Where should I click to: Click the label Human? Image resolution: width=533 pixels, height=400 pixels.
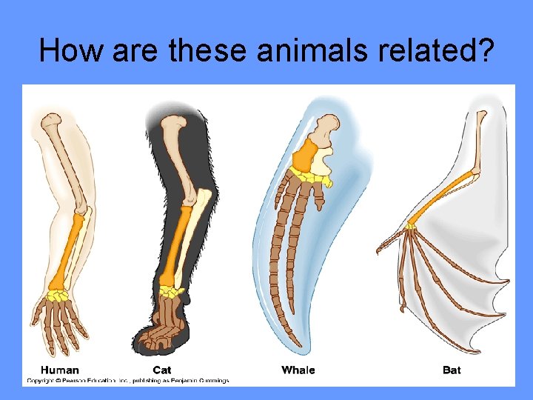tap(59, 370)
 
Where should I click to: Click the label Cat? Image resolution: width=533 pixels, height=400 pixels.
tap(163, 370)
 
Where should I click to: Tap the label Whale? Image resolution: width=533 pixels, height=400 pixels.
tap(298, 370)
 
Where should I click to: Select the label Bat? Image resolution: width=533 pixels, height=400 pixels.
tap(452, 370)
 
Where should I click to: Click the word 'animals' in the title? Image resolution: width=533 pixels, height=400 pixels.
tap(290, 50)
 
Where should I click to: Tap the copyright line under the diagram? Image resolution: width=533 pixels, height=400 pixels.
tap(128, 381)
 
